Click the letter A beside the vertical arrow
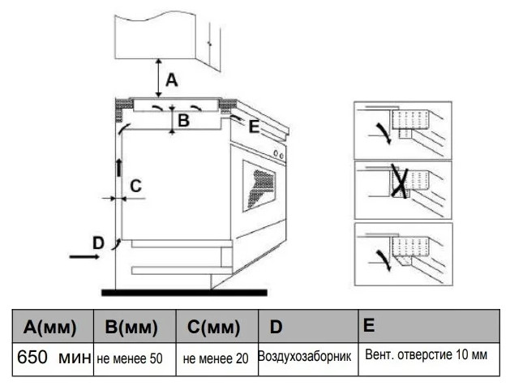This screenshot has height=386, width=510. (171, 79)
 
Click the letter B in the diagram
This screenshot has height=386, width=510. (184, 122)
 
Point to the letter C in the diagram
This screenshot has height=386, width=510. (135, 186)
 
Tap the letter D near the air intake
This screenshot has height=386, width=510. (97, 242)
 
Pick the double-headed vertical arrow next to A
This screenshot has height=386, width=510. (158, 79)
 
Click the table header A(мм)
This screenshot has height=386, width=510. (50, 328)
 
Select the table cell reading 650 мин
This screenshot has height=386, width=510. (50, 358)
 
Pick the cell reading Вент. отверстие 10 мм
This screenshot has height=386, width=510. (426, 356)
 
